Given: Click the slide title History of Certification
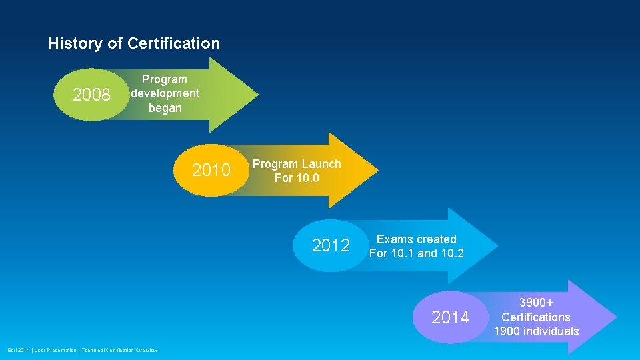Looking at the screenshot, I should point(134,44).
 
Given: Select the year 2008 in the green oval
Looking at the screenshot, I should point(91,95).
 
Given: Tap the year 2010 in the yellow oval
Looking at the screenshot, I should point(211,171).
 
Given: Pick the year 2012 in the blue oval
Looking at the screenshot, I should point(331,246).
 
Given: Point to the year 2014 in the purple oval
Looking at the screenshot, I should point(450,318).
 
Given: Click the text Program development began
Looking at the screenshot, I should point(165,93).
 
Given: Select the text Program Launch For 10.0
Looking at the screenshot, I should point(297,171).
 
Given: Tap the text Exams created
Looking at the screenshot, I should point(417,239).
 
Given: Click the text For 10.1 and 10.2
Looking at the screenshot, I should point(417,253).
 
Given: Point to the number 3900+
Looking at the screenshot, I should point(536,303).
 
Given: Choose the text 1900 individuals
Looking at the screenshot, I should point(536,331).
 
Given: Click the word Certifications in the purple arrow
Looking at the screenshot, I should point(536,317).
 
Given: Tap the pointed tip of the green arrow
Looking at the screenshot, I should point(257,95).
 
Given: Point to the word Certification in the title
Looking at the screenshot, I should point(173,44).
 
